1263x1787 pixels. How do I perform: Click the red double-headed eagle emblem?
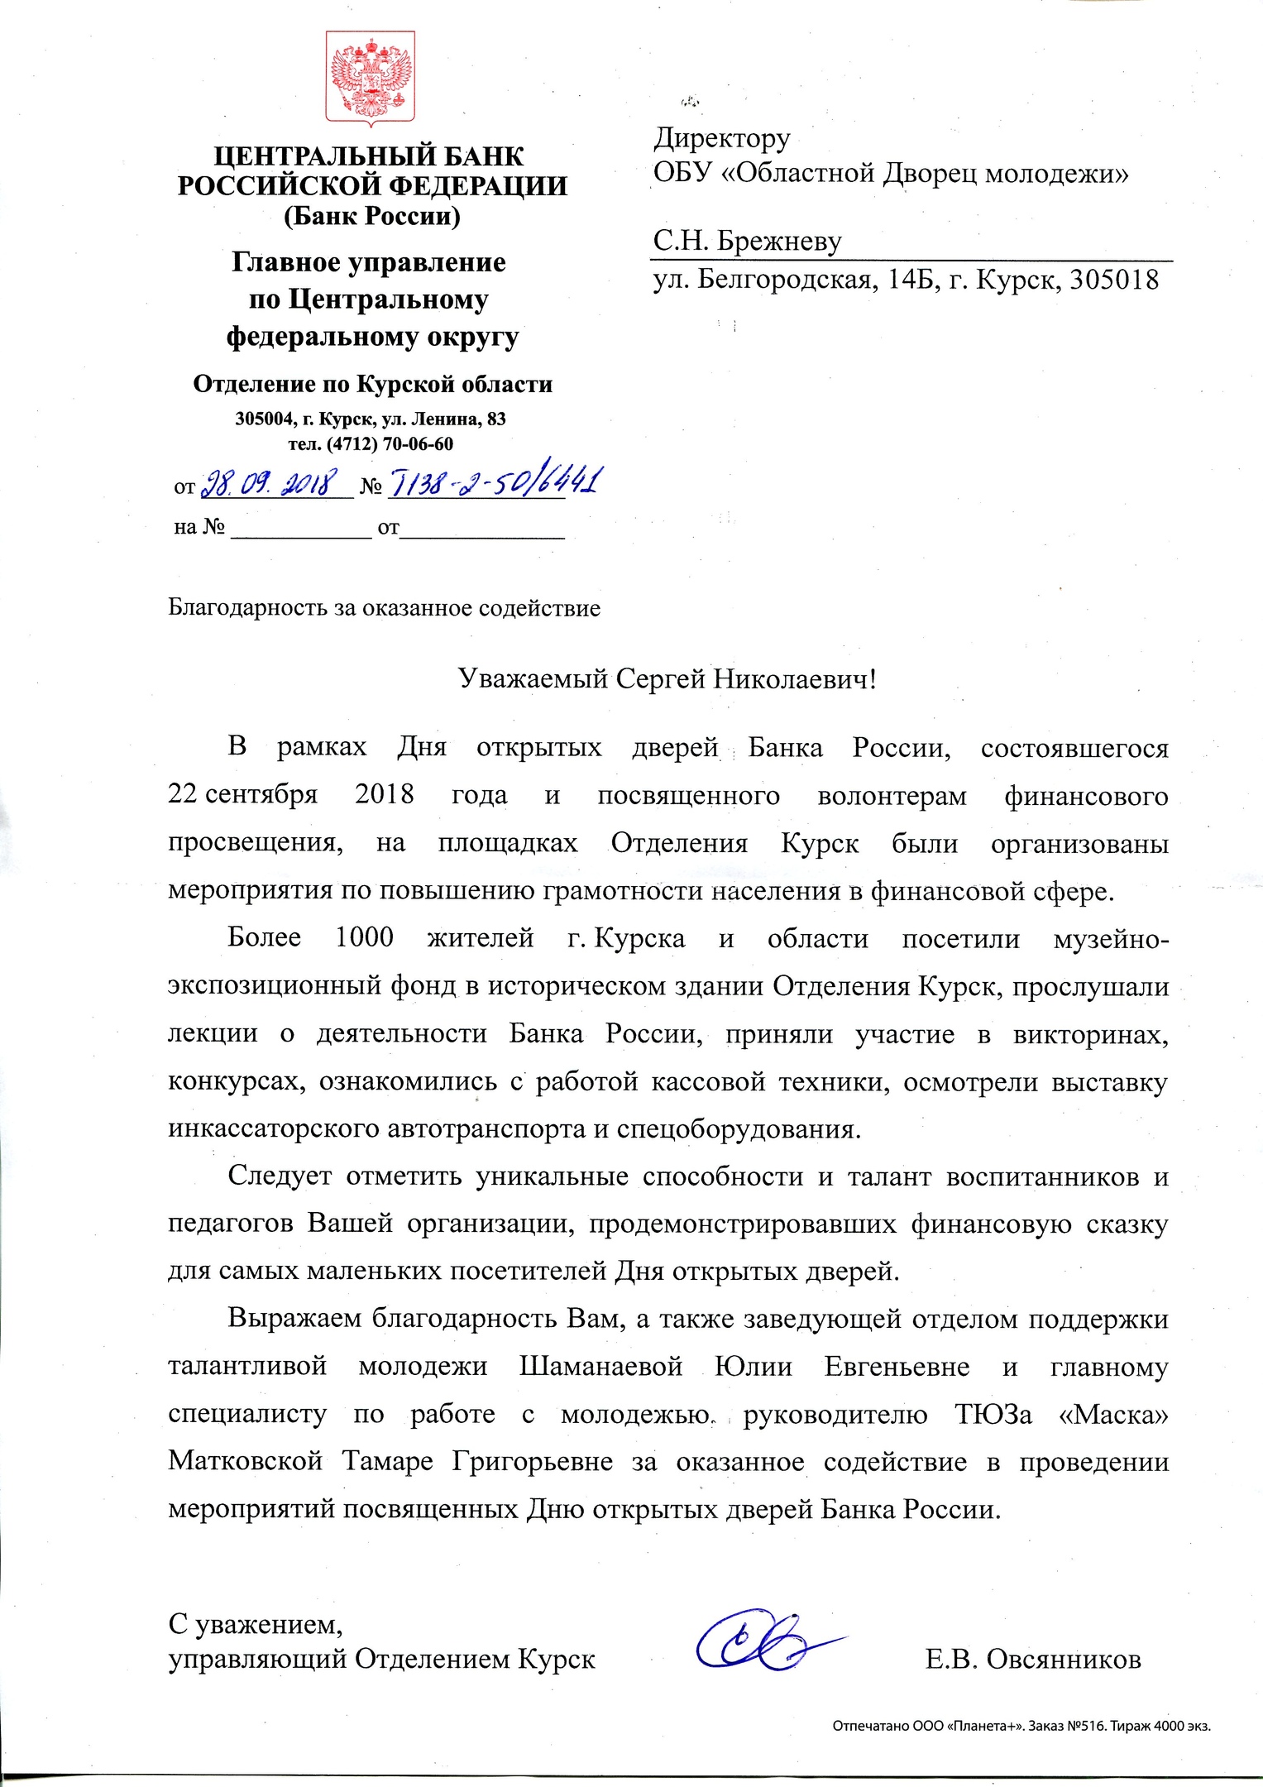370,79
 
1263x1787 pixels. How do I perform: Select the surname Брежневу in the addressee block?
779,241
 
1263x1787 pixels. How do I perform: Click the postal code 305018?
1114,280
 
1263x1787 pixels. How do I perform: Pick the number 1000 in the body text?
364,937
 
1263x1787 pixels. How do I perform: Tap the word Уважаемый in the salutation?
533,679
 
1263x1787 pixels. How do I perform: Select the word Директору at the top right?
721,138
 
